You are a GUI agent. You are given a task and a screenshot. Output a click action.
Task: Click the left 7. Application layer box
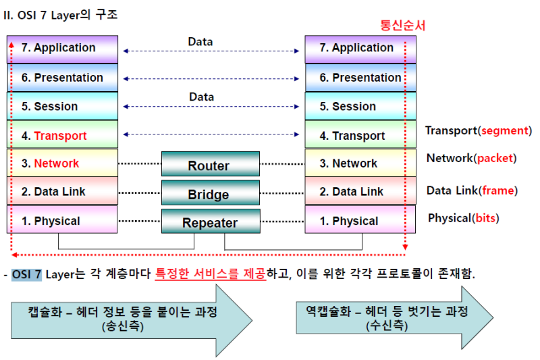coord(63,49)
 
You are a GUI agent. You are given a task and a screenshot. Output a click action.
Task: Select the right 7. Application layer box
coord(360,49)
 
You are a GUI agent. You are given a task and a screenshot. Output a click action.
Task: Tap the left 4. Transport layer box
coord(63,135)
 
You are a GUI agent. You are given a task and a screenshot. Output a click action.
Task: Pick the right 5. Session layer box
coord(360,107)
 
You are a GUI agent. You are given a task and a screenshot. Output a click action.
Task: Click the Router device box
coord(210,165)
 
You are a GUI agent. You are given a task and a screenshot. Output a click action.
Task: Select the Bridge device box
coord(210,194)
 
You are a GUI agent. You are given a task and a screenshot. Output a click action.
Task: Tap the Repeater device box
coord(210,222)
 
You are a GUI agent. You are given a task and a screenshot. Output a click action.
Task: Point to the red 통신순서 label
coord(403,26)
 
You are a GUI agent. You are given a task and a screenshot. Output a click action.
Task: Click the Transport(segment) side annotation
coord(478,130)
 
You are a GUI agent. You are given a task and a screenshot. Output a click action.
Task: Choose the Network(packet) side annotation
coord(471,158)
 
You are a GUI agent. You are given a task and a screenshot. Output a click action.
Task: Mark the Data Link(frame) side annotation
coord(472,190)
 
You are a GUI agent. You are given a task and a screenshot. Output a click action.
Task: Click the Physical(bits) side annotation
coord(464,217)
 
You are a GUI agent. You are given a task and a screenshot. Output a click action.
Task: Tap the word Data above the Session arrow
coord(201,97)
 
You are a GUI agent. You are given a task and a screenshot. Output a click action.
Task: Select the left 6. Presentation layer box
coord(63,78)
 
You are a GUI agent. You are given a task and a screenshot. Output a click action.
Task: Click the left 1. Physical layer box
coord(63,220)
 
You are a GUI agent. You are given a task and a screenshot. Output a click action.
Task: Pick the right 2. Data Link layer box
coord(360,192)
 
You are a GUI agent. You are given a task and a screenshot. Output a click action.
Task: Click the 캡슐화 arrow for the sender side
coord(128,317)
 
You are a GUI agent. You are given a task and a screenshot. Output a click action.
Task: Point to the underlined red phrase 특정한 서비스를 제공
coord(211,275)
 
